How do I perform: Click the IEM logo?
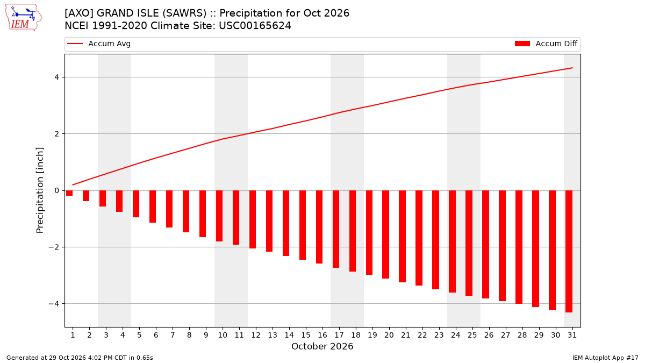(24, 18)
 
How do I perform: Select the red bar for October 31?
(569, 251)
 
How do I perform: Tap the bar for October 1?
(69, 193)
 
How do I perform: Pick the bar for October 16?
(319, 227)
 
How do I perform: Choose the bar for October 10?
(219, 216)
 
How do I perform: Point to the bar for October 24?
(452, 241)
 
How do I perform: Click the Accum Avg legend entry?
(99, 44)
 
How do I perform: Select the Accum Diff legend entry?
(546, 44)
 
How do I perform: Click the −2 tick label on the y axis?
(54, 247)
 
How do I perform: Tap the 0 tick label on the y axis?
(56, 190)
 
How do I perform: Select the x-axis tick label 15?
(306, 335)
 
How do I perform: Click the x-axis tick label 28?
(522, 335)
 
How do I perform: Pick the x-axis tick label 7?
(173, 335)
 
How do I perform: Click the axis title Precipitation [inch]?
(40, 190)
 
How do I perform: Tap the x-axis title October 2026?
(322, 346)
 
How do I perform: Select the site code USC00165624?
(255, 26)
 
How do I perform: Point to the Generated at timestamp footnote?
(80, 358)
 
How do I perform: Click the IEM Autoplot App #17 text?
(605, 358)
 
